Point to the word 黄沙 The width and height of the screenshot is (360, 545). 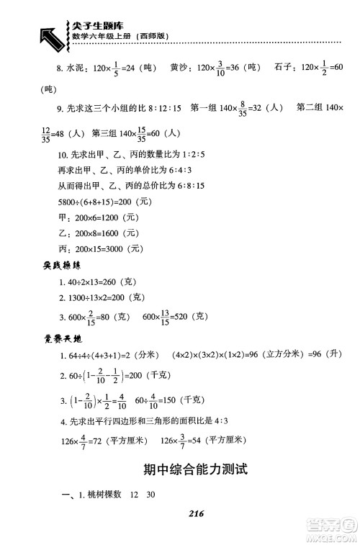pos(181,69)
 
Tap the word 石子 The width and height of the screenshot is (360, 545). pos(283,69)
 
